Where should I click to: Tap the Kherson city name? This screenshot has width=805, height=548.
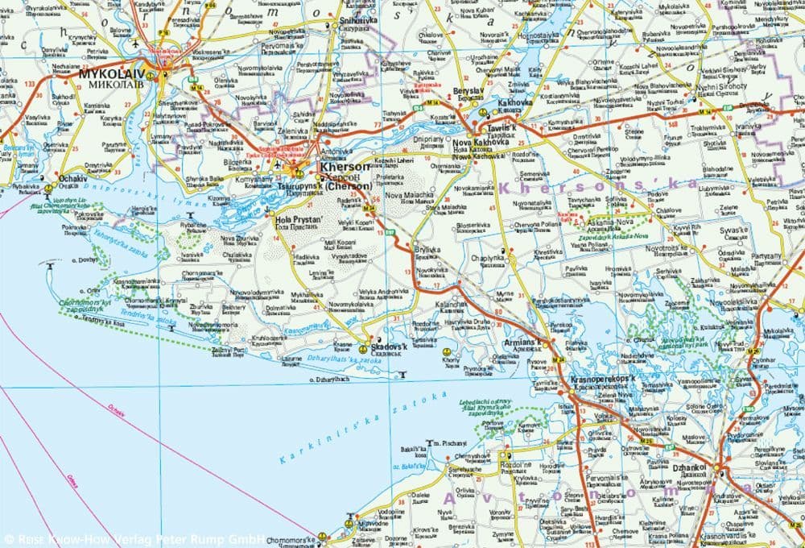345,168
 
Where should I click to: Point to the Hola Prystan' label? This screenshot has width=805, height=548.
299,219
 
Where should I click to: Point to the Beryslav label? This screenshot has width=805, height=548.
466,91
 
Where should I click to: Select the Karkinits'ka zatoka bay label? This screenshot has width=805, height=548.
363,428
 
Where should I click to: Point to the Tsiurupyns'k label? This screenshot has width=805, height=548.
299,186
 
